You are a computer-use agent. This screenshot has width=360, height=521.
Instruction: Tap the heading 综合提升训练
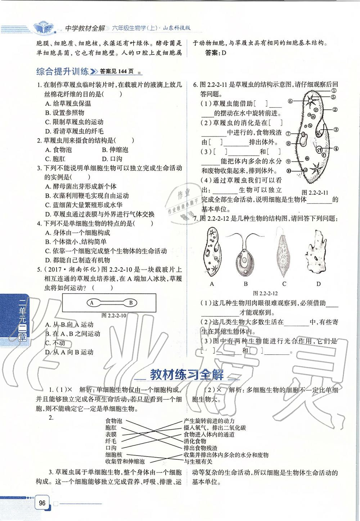tap(62, 71)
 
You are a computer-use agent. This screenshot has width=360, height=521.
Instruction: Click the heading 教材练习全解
tap(186, 375)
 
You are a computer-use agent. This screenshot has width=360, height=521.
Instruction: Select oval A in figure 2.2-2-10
tap(92, 303)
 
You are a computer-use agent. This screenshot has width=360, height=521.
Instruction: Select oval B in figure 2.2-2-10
tap(131, 303)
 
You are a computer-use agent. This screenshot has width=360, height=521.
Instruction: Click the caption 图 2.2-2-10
tap(113, 316)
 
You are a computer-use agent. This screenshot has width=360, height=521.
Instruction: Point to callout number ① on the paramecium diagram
tap(334, 91)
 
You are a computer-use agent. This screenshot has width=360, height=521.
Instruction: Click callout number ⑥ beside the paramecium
tap(290, 101)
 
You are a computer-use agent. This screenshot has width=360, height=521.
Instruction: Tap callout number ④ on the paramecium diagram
tap(336, 149)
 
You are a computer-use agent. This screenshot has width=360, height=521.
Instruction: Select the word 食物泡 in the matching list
tap(113, 421)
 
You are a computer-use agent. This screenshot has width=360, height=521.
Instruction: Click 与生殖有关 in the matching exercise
tap(198, 461)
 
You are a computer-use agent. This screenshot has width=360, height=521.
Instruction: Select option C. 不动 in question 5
tap(55, 343)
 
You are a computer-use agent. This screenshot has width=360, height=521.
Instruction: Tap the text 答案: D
tap(215, 53)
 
